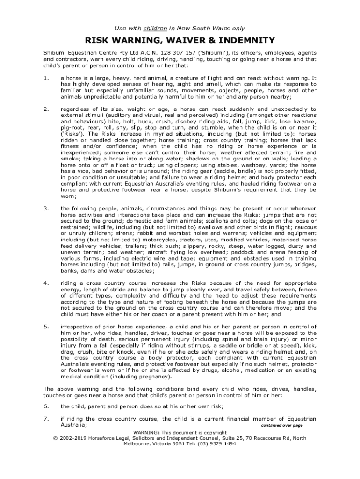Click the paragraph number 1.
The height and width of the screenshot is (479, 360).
[x=45, y=78]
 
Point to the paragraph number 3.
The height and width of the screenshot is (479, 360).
[x=45, y=208]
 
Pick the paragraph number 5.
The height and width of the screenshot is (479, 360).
[x=45, y=327]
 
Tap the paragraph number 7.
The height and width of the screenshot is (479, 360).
[x=45, y=419]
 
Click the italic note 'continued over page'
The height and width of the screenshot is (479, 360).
[x=282, y=426]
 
